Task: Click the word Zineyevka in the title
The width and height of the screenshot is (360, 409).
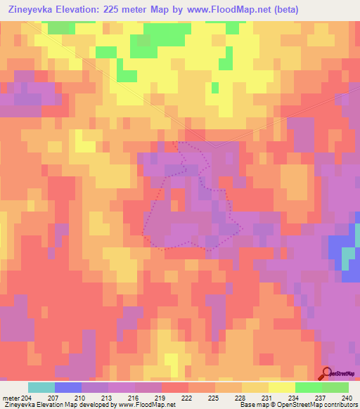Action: [34, 9]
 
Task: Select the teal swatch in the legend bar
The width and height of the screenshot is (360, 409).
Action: [41, 388]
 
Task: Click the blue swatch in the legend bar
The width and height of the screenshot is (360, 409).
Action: [68, 388]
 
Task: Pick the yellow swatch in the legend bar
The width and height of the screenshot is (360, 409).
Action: [282, 388]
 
